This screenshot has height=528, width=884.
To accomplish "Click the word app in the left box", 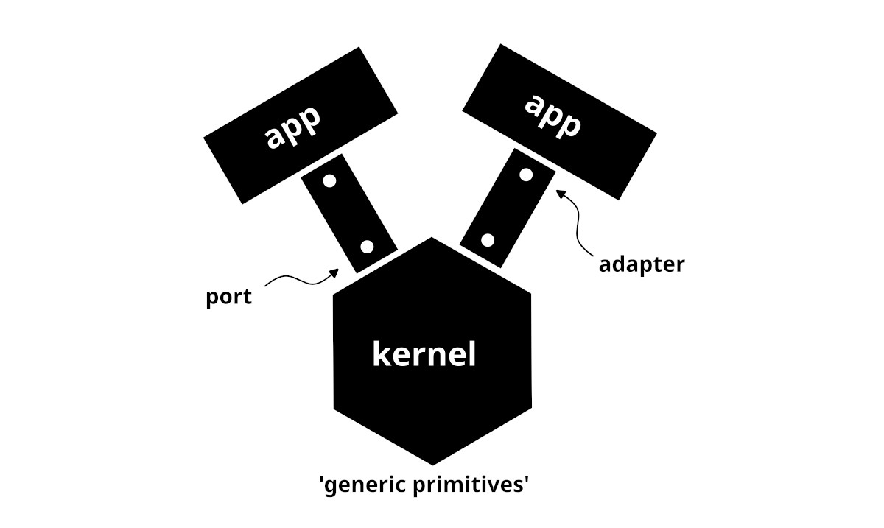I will tap(293, 127).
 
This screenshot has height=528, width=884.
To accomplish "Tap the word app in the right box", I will tap(551, 116).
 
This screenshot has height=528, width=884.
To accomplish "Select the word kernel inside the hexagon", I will tap(424, 355).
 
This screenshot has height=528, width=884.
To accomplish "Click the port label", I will tap(228, 297).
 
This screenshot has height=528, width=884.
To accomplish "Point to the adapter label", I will tap(641, 264).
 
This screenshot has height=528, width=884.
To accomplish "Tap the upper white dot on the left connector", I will tap(329, 180).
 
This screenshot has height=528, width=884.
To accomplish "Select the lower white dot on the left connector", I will tap(368, 247).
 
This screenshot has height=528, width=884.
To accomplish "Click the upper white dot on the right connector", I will tap(526, 175).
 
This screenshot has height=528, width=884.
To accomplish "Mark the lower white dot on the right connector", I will tap(487, 240).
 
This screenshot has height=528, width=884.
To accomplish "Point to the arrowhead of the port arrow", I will tap(335, 272).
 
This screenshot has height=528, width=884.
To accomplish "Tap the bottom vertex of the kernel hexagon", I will tap(433, 465).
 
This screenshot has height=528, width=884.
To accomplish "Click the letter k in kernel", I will tap(381, 354).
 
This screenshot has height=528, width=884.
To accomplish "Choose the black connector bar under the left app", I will tap(349, 214).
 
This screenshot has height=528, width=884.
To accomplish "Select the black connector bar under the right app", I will tap(507, 207).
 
